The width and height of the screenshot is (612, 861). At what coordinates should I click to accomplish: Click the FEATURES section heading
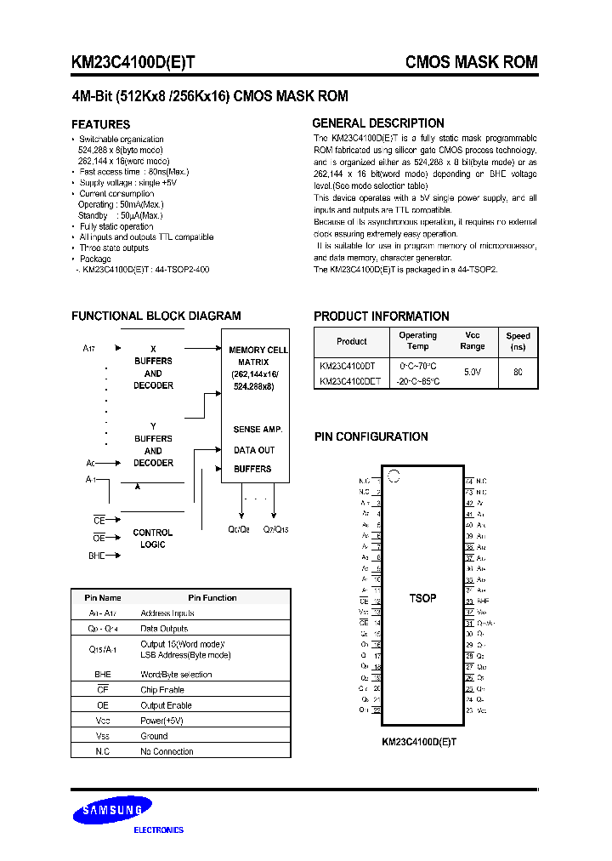tap(100, 124)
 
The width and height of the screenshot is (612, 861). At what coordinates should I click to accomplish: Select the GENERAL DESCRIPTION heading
tap(378, 123)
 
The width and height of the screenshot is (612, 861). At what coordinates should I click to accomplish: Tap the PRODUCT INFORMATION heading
tap(382, 316)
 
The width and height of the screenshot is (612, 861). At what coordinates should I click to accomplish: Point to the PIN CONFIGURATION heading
tap(371, 436)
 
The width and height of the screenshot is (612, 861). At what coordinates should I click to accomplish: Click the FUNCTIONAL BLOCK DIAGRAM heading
tap(156, 316)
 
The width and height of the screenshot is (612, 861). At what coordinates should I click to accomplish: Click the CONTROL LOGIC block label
tap(153, 539)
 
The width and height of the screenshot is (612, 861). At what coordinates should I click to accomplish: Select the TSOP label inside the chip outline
tap(422, 598)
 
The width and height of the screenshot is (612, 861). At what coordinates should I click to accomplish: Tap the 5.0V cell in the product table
tap(473, 373)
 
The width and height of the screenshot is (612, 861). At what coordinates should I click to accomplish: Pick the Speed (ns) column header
tap(518, 341)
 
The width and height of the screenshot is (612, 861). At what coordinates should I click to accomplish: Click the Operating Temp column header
tap(418, 340)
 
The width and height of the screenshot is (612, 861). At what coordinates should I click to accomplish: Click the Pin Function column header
tap(212, 597)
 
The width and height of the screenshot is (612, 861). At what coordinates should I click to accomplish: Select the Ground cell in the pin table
tap(154, 736)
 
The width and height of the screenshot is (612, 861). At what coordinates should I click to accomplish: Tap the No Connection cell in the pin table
tap(167, 751)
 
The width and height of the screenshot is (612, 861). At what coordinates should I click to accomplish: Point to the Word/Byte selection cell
tap(176, 675)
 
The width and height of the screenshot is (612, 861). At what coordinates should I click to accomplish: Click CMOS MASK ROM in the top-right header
tap(472, 63)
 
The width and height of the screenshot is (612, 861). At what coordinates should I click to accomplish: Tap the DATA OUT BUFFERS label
tap(254, 459)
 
